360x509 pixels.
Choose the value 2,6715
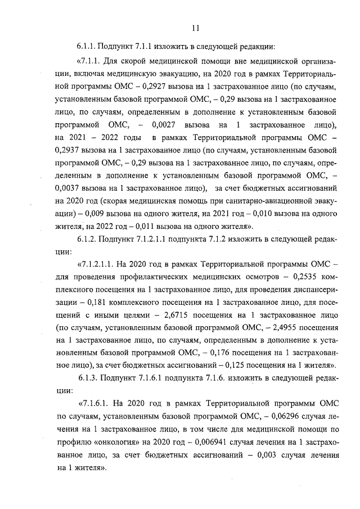165,314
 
